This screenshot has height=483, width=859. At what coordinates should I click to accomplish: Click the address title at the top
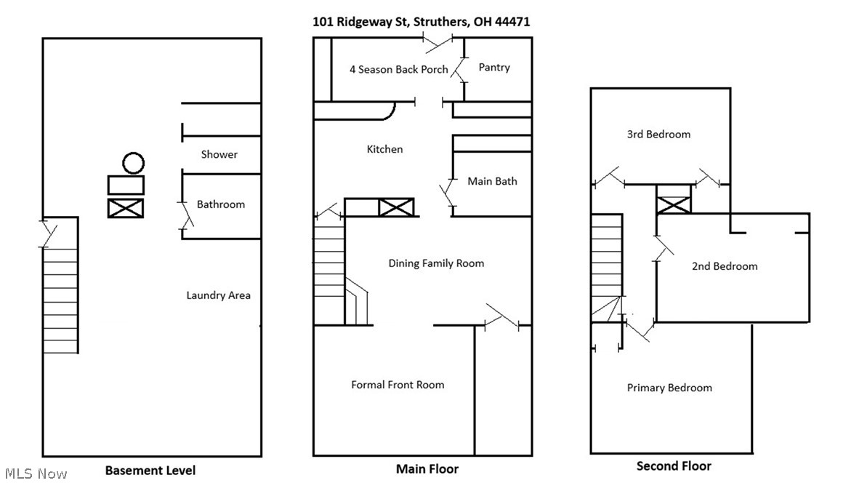coord(421,22)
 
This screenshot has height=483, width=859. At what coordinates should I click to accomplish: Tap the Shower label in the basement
coord(219,154)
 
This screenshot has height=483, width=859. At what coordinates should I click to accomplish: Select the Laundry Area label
coord(218,295)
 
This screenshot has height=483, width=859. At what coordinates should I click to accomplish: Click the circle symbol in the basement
coord(133,163)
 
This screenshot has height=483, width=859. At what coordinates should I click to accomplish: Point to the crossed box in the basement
coord(126,208)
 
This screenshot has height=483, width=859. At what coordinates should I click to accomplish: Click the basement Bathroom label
coord(221,204)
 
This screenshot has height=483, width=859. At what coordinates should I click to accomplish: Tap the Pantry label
coord(494,67)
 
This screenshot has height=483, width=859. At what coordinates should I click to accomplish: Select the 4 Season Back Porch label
coord(398,70)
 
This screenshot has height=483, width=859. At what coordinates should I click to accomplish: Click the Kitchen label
coord(384,149)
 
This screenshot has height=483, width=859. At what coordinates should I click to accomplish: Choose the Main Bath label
coord(492,181)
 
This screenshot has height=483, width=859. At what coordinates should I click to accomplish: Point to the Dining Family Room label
coord(436,263)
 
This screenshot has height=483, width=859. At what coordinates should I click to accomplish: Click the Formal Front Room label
coord(397,385)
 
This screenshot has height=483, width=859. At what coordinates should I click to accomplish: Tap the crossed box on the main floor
coord(396,207)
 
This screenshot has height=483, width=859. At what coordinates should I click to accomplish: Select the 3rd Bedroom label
coord(658,135)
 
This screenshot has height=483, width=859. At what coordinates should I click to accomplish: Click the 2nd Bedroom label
coord(724,266)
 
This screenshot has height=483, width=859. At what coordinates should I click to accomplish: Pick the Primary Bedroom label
coord(669,388)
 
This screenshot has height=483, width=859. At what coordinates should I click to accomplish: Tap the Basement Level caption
coord(150,470)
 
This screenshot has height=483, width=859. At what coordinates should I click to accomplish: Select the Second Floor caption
coord(674,466)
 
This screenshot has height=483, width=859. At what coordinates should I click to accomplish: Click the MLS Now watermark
coord(34,474)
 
